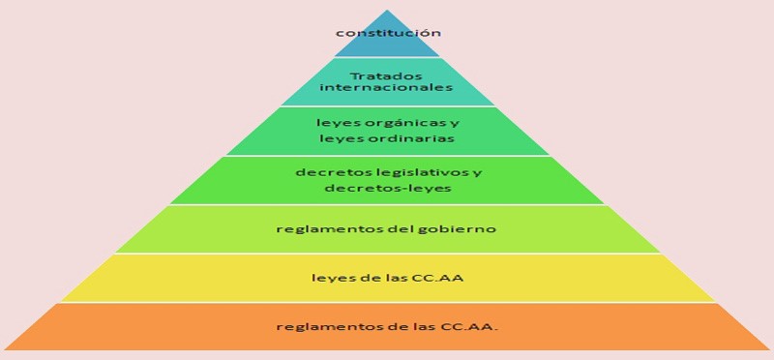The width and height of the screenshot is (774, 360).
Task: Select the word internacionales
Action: [x=387, y=87]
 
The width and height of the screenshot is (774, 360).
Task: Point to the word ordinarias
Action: [x=407, y=138]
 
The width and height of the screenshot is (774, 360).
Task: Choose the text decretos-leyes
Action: [x=387, y=188]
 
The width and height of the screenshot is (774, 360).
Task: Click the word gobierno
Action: [x=462, y=229]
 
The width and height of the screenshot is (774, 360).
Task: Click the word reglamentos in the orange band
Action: [x=315, y=326]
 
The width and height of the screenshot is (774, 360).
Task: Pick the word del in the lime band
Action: [x=403, y=229]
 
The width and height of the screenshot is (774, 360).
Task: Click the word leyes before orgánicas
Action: [x=334, y=123]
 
